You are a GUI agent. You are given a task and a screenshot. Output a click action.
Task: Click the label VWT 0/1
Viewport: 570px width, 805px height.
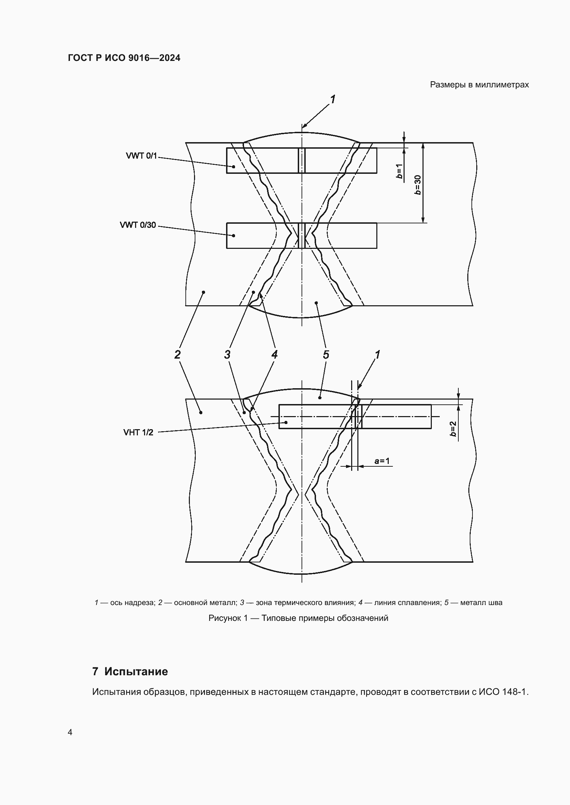(141, 156)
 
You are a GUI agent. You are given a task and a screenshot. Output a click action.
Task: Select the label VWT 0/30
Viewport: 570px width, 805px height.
(138, 225)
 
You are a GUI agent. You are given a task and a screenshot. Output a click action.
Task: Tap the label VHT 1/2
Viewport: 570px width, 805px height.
(138, 432)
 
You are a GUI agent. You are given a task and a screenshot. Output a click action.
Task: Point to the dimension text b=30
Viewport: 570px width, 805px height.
(418, 185)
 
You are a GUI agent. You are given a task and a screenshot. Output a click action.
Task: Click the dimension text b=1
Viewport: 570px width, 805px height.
(399, 171)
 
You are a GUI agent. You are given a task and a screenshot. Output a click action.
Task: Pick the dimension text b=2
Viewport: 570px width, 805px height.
(453, 429)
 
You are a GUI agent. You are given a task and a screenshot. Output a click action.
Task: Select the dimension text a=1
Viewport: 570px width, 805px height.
(382, 461)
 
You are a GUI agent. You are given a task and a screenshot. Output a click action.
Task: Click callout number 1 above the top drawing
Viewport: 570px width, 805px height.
(332, 99)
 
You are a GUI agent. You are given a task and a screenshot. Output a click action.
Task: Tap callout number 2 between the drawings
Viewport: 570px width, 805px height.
(177, 354)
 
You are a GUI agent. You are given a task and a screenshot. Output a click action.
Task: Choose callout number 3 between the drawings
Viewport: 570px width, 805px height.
(227, 354)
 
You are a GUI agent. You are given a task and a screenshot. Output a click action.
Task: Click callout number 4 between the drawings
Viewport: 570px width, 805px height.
(274, 354)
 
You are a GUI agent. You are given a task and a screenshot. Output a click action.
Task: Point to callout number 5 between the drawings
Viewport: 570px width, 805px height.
(326, 354)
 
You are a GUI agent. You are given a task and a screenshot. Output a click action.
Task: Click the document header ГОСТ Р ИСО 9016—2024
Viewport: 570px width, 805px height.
(124, 58)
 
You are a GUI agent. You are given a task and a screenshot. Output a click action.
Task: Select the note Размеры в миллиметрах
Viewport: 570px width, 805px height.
(479, 85)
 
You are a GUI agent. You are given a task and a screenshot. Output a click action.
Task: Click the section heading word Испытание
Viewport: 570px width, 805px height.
(136, 671)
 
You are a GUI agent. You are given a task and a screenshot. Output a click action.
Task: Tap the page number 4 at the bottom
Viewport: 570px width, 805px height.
(70, 732)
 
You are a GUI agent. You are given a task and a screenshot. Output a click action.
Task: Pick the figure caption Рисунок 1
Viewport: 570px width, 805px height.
(228, 618)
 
